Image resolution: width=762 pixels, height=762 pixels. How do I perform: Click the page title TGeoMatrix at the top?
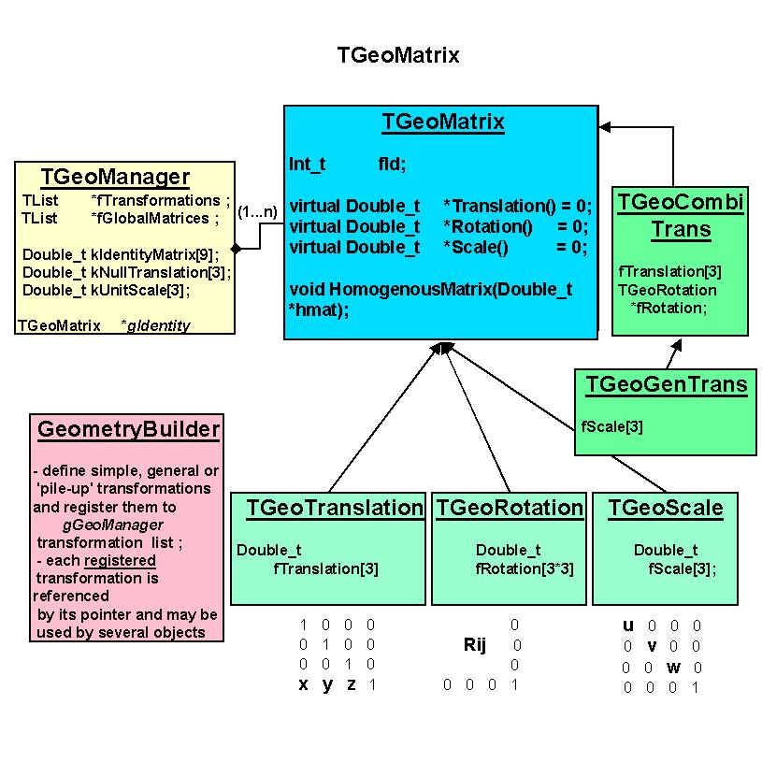pos(398,55)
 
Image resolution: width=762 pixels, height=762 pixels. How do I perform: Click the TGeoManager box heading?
pos(115,177)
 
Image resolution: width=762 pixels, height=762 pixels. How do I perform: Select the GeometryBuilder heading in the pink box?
pos(128,429)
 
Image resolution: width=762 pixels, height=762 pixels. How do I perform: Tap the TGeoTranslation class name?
pos(335,508)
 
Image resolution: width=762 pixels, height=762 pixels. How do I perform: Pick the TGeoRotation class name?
pos(510,508)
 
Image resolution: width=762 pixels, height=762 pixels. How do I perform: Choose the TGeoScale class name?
pos(665,508)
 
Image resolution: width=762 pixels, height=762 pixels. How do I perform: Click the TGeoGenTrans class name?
pos(666,384)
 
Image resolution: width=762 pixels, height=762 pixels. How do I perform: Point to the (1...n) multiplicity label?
pos(257,211)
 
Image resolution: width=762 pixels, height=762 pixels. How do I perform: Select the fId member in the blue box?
pos(392,164)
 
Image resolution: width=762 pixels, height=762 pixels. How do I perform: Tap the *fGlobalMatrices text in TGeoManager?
pos(150,218)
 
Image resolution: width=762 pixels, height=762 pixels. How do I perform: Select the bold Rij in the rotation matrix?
pos(475,645)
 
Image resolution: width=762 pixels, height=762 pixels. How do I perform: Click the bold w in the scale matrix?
pos(673,667)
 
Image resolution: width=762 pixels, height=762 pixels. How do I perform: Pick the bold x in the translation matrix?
pos(304,684)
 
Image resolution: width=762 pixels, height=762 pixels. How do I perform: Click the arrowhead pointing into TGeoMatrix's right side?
pos(605,126)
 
